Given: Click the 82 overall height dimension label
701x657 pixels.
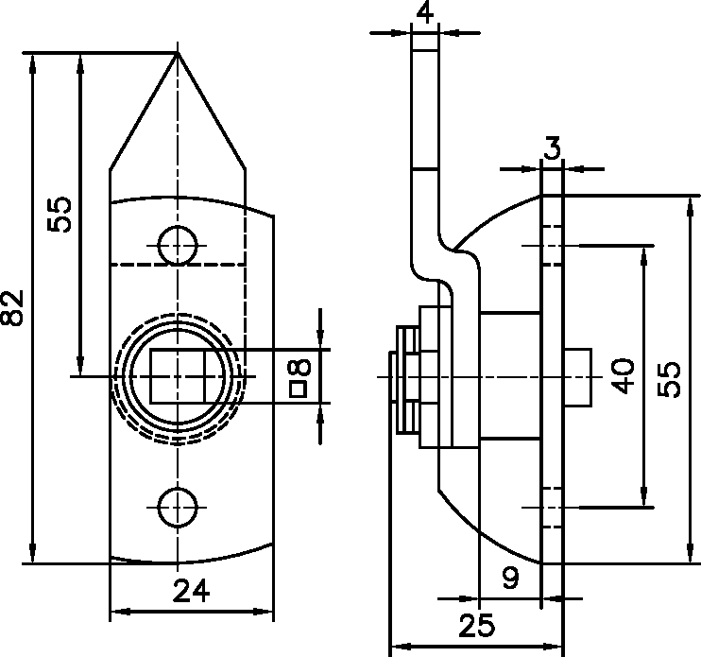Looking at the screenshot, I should [x=13, y=307].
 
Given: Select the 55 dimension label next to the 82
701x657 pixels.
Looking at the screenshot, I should [x=60, y=215].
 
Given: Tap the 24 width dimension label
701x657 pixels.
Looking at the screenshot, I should [x=191, y=591].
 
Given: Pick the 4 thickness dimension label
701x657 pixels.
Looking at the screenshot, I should [x=424, y=12].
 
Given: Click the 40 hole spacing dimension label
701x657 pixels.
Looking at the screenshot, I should [x=624, y=375].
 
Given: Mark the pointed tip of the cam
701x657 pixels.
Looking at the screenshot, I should [x=178, y=54].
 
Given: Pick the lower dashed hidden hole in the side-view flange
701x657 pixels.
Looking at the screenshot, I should [x=552, y=507].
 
